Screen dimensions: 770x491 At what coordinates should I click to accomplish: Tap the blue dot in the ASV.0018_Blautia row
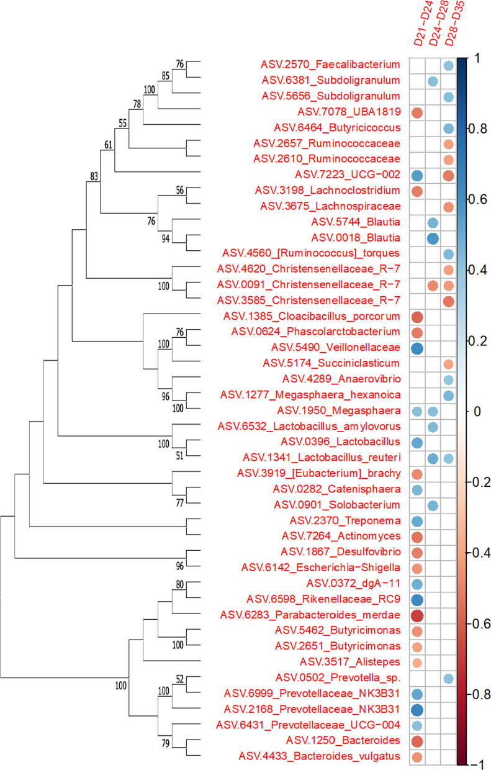pyautogui.click(x=433, y=238)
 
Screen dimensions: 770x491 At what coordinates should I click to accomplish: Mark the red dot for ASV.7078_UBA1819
pyautogui.click(x=417, y=112)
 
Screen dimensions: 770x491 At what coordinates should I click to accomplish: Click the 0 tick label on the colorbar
pyautogui.click(x=477, y=411)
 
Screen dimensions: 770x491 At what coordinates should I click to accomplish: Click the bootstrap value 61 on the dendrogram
pyautogui.click(x=109, y=145)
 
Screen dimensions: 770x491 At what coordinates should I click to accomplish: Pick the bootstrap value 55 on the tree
pyautogui.click(x=123, y=122)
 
